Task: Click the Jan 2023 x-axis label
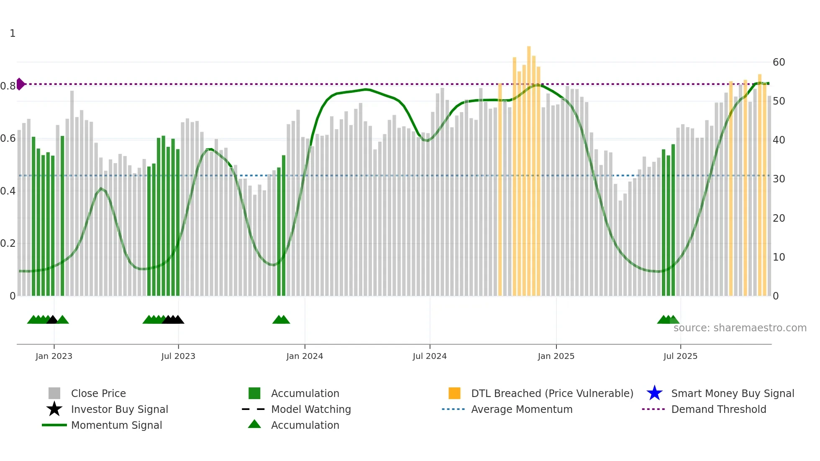(54, 356)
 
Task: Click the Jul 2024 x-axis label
(429, 356)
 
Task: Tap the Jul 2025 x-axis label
(680, 356)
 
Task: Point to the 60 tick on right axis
(779, 62)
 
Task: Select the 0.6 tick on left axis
(8, 138)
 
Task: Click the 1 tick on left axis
(13, 33)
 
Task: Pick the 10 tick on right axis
(779, 257)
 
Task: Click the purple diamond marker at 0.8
(20, 84)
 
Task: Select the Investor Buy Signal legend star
(54, 409)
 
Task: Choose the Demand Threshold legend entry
(718, 410)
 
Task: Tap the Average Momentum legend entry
(521, 410)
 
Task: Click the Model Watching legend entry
(310, 410)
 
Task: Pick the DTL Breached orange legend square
(454, 393)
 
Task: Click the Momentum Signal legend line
(54, 425)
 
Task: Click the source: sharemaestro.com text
(740, 328)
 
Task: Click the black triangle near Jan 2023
(52, 320)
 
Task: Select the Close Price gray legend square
(54, 393)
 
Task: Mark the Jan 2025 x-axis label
(556, 356)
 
